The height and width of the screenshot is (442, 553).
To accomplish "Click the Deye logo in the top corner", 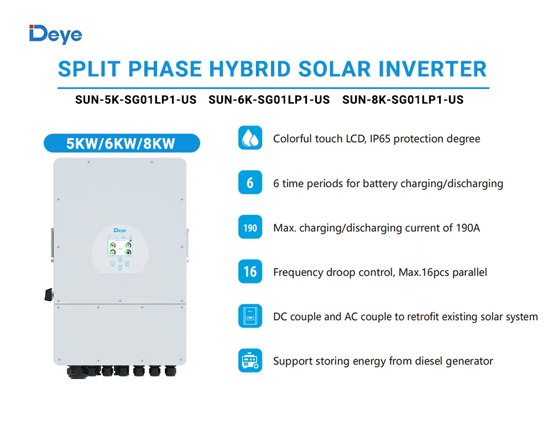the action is coord(55,35).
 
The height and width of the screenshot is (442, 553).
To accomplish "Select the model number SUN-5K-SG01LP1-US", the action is coord(136,100).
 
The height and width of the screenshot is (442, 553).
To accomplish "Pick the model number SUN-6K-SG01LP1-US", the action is coord(269,100).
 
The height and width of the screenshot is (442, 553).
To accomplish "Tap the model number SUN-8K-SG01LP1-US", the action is coord(403,100).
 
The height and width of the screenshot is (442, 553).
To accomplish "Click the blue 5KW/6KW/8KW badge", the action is coord(122,143).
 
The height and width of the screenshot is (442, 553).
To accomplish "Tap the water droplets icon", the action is coord(250,138).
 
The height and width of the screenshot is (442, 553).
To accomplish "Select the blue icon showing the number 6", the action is coord(250,182).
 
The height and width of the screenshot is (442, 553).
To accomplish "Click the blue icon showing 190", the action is coord(250,227).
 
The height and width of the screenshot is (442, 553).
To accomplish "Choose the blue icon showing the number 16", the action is coord(250,271).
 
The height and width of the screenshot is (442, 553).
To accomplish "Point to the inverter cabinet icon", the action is coord(250,316).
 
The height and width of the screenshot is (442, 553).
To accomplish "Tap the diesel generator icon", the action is coord(250,361).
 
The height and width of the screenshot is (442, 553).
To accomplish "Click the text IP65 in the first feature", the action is coord(380,139).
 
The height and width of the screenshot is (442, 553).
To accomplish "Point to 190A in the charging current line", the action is coord(468,228).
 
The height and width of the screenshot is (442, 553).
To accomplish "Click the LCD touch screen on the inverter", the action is coord(120,248).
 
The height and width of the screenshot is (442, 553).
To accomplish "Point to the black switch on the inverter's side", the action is coord(49,294).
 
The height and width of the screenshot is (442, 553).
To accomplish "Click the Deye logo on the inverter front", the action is coord(120,230).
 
